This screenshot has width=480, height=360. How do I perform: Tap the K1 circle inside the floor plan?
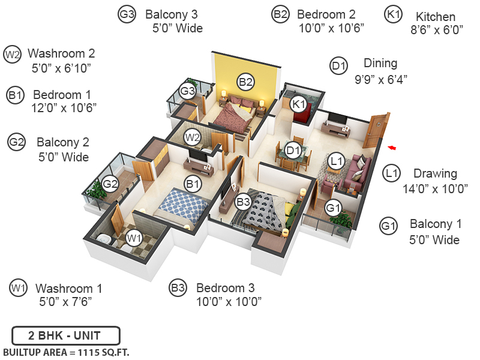click(299, 104)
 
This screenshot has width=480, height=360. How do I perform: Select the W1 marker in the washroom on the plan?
click(134, 238)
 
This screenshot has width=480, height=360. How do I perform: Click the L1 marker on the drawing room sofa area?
click(336, 160)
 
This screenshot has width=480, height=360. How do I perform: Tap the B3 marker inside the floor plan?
click(243, 203)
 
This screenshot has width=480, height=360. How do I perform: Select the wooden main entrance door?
click(376, 130)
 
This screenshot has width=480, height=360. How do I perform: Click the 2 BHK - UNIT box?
click(66, 335)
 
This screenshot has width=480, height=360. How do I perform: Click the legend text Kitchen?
click(436, 17)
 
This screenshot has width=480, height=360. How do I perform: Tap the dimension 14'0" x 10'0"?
click(435, 188)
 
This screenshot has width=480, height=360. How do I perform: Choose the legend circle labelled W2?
click(12, 55)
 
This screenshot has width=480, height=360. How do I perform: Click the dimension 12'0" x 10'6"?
click(65, 107)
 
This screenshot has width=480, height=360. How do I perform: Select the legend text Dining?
click(380, 64)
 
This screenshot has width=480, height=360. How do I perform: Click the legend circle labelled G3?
click(126, 15)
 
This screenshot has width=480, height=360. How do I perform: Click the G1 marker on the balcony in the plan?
click(333, 208)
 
